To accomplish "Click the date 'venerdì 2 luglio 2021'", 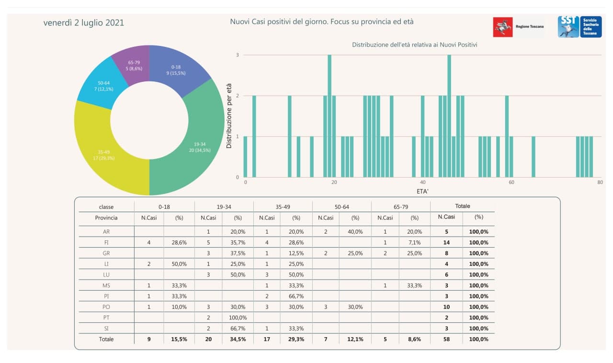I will [84, 23].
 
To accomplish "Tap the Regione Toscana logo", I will [519, 27].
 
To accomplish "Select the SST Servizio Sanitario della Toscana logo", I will [579, 27].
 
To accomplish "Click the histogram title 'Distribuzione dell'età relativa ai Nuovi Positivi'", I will [414, 45].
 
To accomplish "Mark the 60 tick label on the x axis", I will [511, 182].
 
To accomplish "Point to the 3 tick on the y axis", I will [238, 55].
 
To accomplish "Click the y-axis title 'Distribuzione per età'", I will [229, 116].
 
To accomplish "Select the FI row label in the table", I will [106, 242].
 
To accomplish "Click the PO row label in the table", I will [106, 307].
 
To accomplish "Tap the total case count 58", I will [446, 339].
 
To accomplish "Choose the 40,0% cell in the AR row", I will [355, 232].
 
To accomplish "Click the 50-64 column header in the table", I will [342, 206].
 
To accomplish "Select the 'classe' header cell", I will [106, 207].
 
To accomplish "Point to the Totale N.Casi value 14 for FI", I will [446, 242].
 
